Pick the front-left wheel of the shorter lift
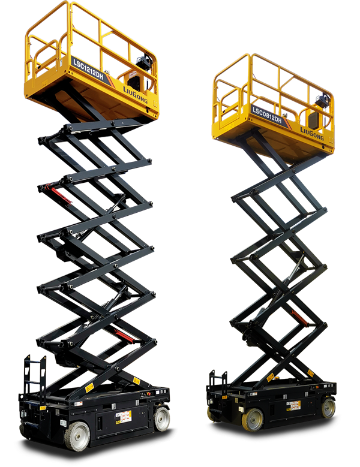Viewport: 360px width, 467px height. (x=253, y=419)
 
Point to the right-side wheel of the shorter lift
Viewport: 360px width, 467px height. (x=328, y=408)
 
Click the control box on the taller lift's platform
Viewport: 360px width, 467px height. (x=142, y=63)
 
